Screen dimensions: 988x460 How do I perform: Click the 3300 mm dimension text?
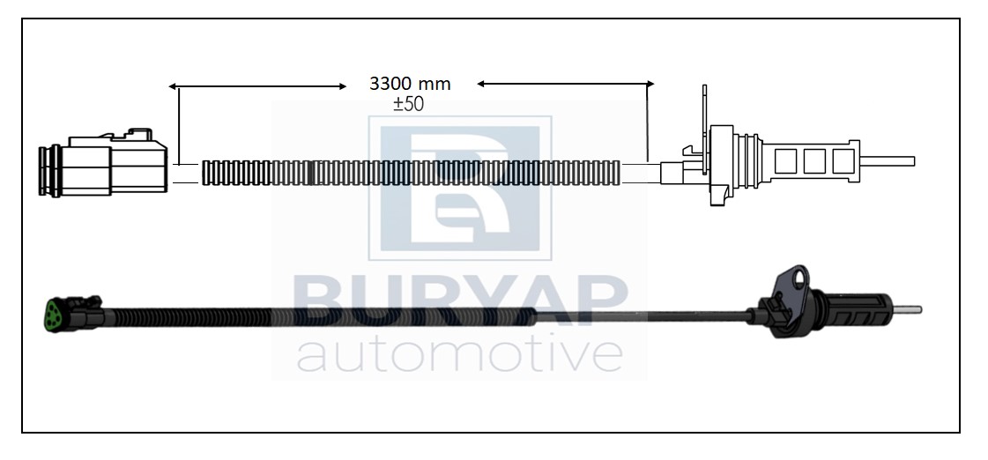tap(410, 83)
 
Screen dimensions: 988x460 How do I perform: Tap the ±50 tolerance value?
tap(408, 104)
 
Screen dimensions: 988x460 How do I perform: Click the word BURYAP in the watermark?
tap(460, 300)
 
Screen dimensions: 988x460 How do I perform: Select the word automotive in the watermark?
tap(460, 355)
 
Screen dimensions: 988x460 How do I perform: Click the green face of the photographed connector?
tap(53, 314)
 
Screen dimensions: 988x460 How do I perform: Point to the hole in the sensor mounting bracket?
tap(800, 278)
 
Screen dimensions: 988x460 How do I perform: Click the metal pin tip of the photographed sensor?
tap(910, 309)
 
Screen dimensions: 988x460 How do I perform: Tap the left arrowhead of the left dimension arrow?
tap(172, 86)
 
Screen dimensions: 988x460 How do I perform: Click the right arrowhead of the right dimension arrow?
tap(650, 83)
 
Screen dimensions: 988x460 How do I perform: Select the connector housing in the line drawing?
tap(103, 162)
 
